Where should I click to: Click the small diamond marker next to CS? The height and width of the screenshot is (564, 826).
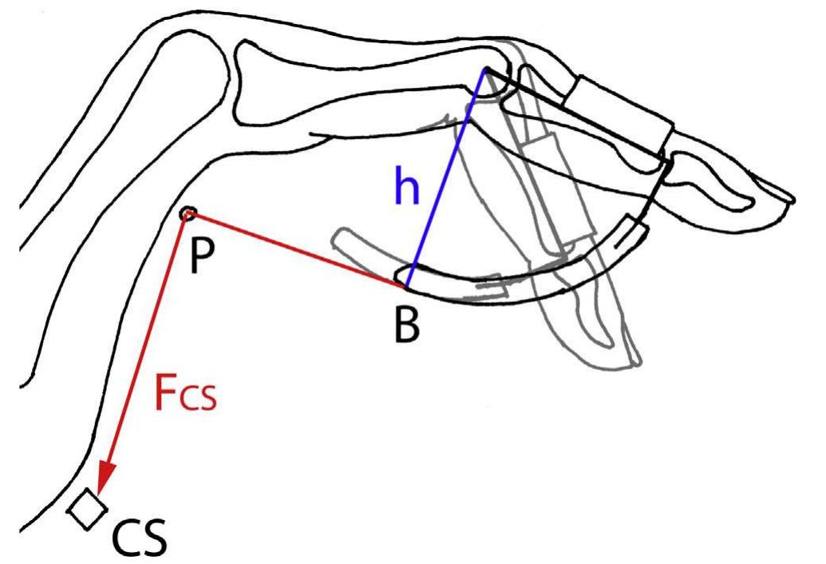(x=87, y=510)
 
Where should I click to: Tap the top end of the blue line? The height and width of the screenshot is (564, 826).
(x=484, y=71)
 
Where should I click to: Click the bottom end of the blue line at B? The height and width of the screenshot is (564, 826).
(x=405, y=284)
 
